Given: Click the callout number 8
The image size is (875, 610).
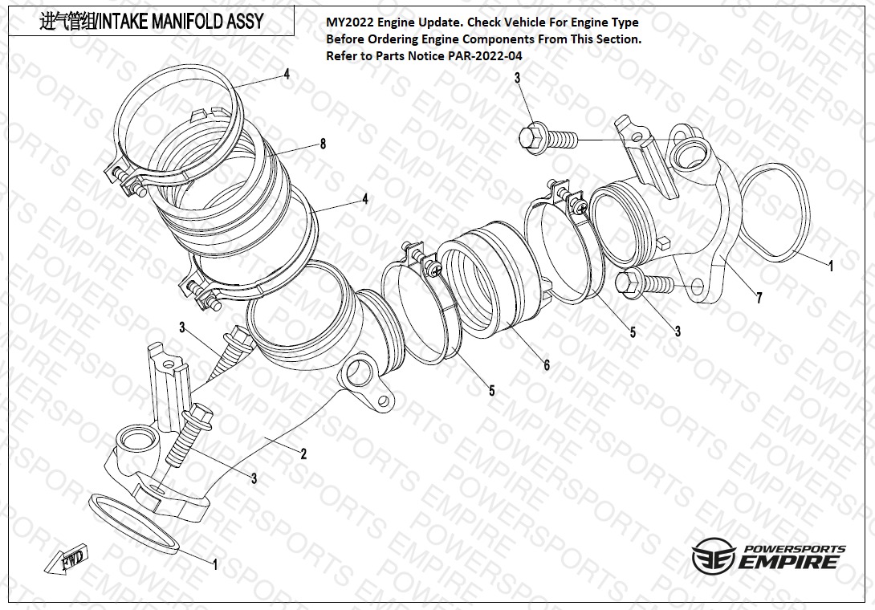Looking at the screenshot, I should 323,144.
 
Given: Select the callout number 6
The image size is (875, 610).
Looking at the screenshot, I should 547,365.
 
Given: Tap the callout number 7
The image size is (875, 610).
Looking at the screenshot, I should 759,299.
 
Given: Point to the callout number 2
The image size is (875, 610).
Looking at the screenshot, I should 303,454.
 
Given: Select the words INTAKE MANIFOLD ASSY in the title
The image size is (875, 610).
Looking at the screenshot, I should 180,22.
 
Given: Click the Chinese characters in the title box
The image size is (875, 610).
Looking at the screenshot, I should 66,22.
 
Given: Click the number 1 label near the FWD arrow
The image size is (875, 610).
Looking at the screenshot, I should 214,564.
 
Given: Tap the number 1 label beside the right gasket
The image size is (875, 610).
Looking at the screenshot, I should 831,266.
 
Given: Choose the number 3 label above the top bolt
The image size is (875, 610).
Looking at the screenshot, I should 518,78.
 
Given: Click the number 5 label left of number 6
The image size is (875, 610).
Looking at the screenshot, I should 492,391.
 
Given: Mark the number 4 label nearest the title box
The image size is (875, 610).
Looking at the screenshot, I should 286,74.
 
